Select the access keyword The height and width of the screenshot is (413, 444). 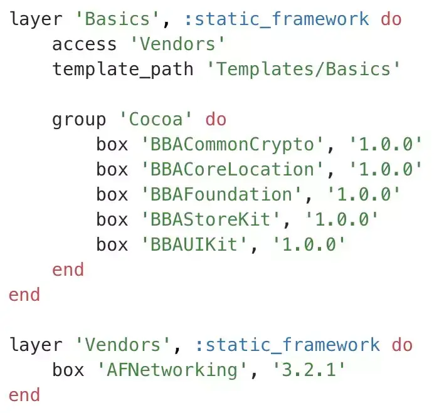(x=84, y=44)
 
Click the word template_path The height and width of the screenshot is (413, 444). (x=123, y=69)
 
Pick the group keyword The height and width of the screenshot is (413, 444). (x=79, y=119)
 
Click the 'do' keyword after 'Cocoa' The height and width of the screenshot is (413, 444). (x=216, y=119)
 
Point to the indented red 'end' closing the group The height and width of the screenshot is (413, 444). (x=68, y=269)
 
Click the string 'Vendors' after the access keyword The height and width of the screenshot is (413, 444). (x=177, y=44)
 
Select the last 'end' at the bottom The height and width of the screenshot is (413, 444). (x=24, y=395)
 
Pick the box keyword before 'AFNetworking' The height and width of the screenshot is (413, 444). (x=68, y=370)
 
